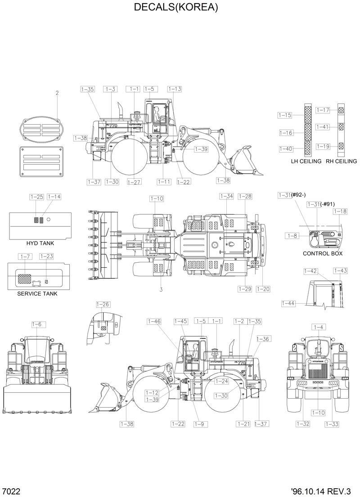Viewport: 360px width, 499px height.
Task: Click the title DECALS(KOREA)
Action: click(x=176, y=8)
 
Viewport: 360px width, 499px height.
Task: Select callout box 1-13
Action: click(x=175, y=89)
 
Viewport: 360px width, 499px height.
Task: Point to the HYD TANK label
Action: click(x=40, y=243)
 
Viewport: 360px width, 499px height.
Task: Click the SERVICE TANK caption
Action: click(x=37, y=294)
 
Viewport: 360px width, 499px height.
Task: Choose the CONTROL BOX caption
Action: click(x=323, y=254)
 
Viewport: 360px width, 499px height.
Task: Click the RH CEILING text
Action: click(x=341, y=161)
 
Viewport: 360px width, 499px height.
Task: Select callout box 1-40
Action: click(x=286, y=149)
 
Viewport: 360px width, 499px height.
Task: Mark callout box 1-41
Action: click(x=323, y=127)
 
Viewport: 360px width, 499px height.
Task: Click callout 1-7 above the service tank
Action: click(x=25, y=256)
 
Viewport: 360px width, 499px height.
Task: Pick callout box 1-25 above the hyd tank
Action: click(x=36, y=197)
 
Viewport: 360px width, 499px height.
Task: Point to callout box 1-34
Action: click(x=227, y=196)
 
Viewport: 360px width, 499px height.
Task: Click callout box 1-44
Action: click(x=288, y=304)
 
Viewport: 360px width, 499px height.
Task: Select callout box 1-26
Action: click(x=103, y=305)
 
